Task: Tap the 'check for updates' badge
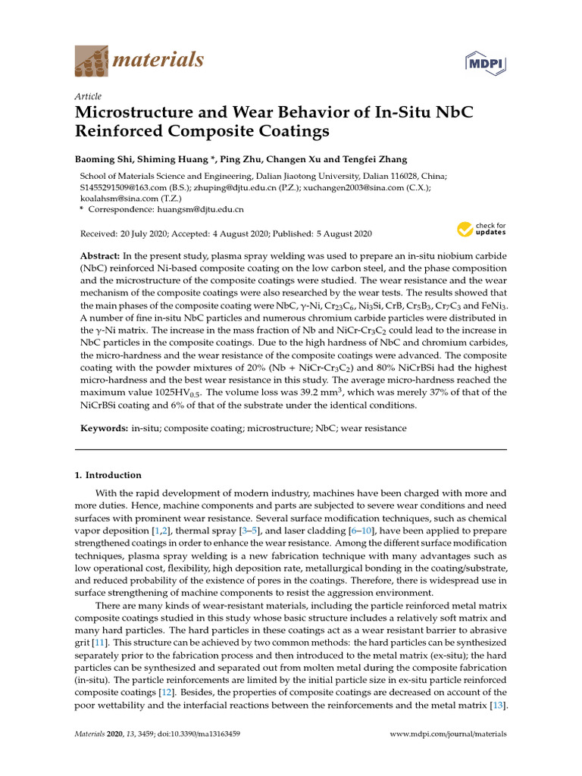(480, 229)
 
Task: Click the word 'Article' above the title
(88, 96)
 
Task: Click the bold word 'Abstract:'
(100, 256)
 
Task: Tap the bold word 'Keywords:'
(104, 428)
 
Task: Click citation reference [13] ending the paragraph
(498, 706)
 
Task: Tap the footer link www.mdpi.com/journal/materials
(448, 734)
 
